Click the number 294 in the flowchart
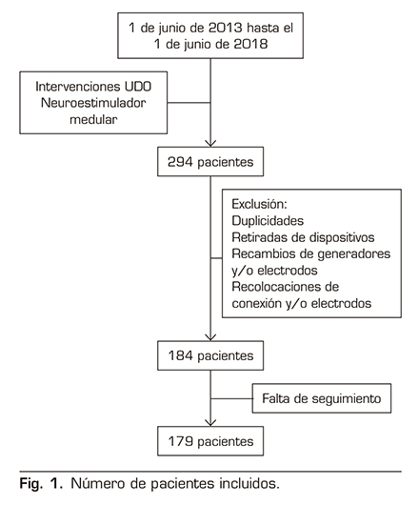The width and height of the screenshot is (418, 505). (180, 162)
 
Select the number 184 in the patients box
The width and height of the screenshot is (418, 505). (180, 355)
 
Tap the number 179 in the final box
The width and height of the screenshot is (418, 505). (180, 441)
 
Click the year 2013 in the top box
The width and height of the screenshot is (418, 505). (225, 28)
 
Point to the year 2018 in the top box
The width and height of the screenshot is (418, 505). (250, 44)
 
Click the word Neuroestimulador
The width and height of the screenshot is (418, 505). (93, 103)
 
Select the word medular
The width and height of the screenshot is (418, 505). (93, 119)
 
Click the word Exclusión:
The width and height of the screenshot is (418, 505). (259, 204)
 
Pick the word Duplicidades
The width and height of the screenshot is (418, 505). (268, 221)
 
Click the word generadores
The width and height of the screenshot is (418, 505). (353, 253)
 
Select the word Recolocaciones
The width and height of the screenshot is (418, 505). (275, 287)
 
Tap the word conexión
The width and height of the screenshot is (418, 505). (257, 303)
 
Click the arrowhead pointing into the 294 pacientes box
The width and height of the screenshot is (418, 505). (210, 144)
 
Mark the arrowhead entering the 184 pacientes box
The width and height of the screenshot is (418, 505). (210, 337)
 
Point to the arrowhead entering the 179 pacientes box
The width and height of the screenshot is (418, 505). (210, 423)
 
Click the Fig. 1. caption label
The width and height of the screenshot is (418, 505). (41, 484)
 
